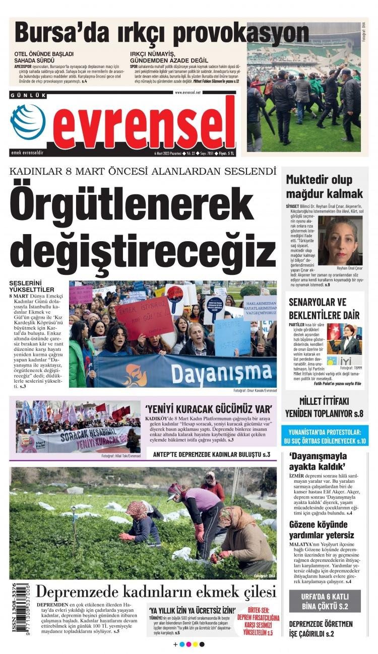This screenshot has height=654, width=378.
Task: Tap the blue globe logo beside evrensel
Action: click(x=28, y=121)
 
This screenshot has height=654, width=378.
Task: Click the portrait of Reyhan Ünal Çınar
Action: click(x=340, y=240)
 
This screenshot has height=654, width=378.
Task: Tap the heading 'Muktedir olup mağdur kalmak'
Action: click(x=324, y=186)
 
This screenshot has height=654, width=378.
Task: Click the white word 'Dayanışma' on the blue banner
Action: click(x=219, y=373)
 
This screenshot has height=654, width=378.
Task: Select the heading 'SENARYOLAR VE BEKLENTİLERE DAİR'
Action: click(x=324, y=309)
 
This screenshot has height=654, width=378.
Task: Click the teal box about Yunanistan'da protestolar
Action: click(x=324, y=437)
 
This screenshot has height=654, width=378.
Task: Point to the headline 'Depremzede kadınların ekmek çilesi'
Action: click(x=156, y=592)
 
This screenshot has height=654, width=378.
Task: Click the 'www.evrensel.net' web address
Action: click(x=187, y=93)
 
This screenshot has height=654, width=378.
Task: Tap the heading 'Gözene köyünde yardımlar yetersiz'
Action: click(x=321, y=530)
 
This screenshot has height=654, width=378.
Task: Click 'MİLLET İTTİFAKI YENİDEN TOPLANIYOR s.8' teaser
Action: click(x=324, y=407)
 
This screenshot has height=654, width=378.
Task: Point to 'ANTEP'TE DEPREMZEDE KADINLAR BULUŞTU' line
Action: click(x=212, y=454)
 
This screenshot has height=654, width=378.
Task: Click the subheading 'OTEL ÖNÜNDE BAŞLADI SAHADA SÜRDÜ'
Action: click(x=44, y=57)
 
